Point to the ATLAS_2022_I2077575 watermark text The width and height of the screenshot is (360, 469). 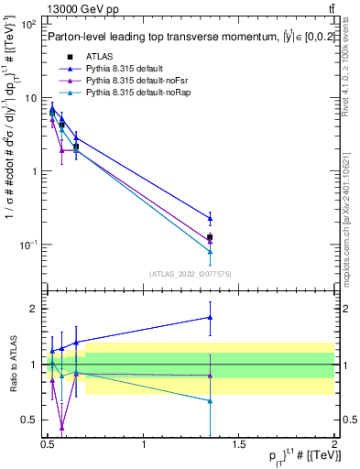[190, 273]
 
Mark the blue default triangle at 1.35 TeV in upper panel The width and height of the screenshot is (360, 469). [211, 218]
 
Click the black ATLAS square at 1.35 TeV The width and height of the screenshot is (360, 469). [211, 237]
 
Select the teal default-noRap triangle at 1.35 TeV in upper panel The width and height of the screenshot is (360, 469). [211, 251]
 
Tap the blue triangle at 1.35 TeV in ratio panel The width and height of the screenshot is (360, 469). [211, 317]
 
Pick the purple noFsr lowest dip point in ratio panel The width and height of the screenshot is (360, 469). [61, 427]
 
